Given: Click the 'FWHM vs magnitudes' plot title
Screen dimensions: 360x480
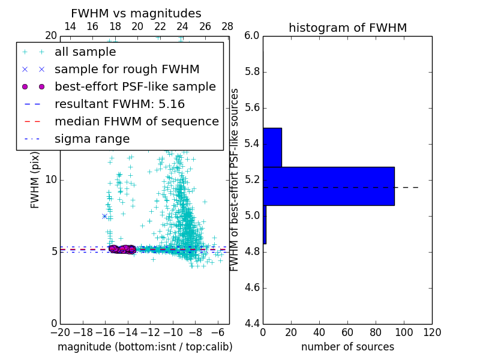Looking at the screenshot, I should [x=136, y=13].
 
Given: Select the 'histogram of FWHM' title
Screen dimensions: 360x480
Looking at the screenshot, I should [x=347, y=28].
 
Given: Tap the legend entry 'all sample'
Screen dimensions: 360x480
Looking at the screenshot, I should [x=85, y=52].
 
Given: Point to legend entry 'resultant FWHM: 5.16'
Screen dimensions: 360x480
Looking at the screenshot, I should [x=119, y=104].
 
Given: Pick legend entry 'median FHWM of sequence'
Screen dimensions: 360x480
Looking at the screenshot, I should [x=136, y=121].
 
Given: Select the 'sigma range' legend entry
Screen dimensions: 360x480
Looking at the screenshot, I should [x=92, y=139].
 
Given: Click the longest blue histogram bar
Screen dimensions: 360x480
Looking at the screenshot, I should [x=328, y=186].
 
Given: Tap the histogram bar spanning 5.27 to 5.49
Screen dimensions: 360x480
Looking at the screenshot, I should [x=272, y=147].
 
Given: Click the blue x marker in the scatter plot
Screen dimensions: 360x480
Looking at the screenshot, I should [x=104, y=216].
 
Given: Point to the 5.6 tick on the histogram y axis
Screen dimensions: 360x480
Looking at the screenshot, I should [x=252, y=108].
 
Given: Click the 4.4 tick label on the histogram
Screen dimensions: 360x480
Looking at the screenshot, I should [x=252, y=323].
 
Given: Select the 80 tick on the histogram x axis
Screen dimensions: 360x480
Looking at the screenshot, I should [x=376, y=332].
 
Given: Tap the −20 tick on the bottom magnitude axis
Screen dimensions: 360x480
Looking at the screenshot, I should [x=60, y=332].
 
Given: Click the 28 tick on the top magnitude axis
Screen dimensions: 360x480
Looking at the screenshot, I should [x=227, y=26].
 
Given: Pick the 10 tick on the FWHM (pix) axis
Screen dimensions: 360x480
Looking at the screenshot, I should [x=51, y=179].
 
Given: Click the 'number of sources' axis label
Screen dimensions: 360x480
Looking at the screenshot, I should [x=347, y=347].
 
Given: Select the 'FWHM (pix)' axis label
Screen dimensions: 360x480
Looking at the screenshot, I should [x=35, y=179].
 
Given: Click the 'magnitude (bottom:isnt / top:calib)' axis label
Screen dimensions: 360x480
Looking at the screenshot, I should [x=145, y=347].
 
